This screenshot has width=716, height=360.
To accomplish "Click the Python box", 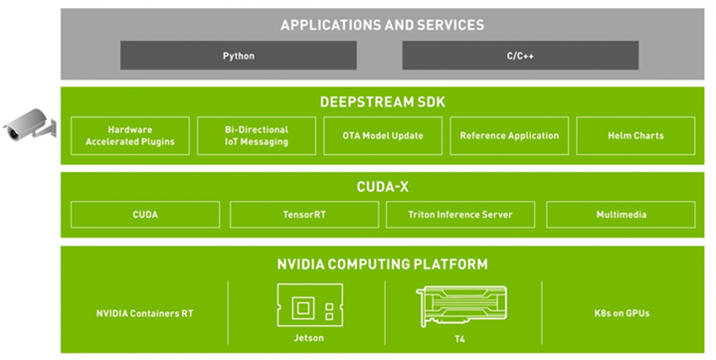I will tap(239, 56).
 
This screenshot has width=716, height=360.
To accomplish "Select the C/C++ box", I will tap(520, 56).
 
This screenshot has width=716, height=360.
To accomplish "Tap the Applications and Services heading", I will tap(382, 25).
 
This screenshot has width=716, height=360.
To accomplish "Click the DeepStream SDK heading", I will tap(382, 101).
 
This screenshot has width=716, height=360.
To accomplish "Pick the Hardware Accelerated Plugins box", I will tap(128, 135).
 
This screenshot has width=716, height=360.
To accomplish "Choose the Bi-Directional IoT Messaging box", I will tap(256, 135).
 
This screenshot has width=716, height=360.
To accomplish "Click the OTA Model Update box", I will tap(382, 135).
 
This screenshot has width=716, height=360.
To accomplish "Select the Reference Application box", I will tap(509, 135).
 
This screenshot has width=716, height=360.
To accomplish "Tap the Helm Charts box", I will tap(634, 135).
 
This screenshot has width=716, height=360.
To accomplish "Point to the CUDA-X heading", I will tap(382, 185).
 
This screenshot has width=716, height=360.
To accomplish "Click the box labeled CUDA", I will tap(145, 214).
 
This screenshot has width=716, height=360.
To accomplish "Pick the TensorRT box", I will tap(303, 214).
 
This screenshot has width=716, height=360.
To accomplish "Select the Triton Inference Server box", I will tap(460, 214).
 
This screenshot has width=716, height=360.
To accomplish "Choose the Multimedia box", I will tap(619, 214).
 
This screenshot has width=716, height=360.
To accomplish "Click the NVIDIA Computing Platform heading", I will tap(382, 264).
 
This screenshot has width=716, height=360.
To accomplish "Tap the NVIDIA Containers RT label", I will tap(144, 313).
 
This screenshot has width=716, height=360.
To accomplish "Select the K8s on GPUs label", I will tap(622, 313).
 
